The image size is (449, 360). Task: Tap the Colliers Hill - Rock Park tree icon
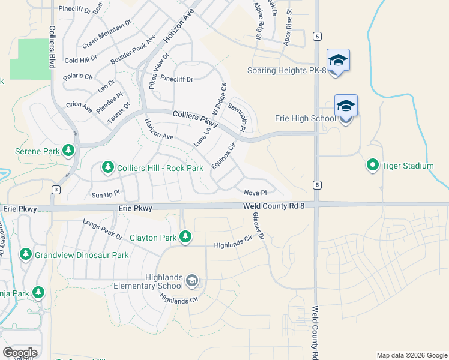click(108, 166)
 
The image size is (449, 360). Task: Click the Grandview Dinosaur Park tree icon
click(26, 254)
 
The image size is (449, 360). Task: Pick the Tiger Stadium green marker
click(372, 164)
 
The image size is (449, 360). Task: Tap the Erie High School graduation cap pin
click(346, 106)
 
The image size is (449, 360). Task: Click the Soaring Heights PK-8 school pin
click(338, 61)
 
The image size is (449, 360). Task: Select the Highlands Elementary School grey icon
click(191, 280)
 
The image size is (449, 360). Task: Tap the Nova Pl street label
click(255, 193)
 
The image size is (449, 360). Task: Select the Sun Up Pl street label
click(106, 194)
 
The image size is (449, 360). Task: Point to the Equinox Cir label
click(222, 156)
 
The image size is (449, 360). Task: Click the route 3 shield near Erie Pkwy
click(56, 190)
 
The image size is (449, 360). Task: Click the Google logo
click(20, 353)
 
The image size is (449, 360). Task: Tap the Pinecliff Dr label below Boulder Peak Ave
click(176, 79)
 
